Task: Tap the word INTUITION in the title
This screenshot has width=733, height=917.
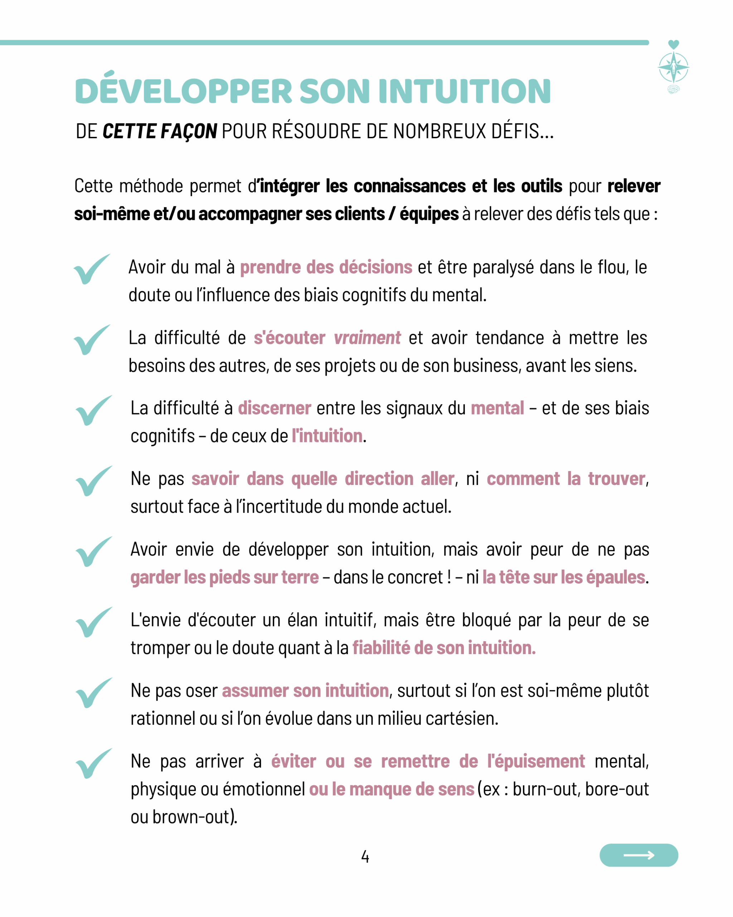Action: [465, 91]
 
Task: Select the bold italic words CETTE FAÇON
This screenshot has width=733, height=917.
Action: [160, 131]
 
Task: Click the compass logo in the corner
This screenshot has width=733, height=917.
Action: [674, 67]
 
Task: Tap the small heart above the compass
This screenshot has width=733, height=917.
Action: [674, 44]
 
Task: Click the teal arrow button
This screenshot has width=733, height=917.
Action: [639, 855]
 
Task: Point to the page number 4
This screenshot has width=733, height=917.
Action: [365, 856]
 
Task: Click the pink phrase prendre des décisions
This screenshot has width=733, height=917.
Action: [326, 267]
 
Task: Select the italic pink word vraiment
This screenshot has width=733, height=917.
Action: [367, 338]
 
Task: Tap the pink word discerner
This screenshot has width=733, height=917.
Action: [275, 408]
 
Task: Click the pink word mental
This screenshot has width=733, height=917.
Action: [497, 408]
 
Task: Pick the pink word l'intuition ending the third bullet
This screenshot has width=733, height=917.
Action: [327, 436]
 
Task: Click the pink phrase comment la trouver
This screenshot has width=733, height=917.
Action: [566, 479]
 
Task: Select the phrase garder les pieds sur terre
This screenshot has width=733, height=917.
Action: [224, 577]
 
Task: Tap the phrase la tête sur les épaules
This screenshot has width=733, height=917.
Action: [563, 577]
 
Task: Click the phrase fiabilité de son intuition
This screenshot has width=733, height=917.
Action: [443, 648]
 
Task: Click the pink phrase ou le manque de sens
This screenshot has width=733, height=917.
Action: [391, 789]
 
